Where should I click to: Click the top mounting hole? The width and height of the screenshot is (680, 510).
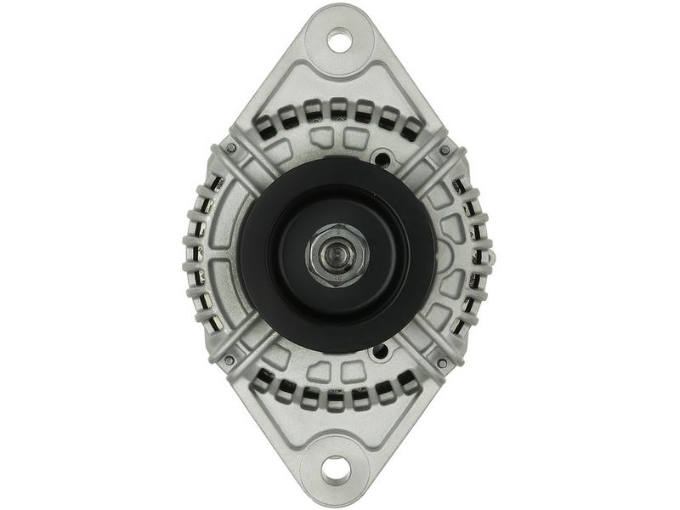339,39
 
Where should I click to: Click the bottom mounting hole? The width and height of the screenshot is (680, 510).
338,468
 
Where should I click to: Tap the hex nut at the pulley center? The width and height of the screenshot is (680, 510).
337,252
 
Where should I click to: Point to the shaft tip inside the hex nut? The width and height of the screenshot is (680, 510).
337,253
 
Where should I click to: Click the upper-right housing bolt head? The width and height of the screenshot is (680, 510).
444,150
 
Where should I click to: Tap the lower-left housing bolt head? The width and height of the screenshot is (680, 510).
230,360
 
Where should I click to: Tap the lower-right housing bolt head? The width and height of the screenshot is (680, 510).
442,363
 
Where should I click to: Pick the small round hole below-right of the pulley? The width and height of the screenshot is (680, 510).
380,351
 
